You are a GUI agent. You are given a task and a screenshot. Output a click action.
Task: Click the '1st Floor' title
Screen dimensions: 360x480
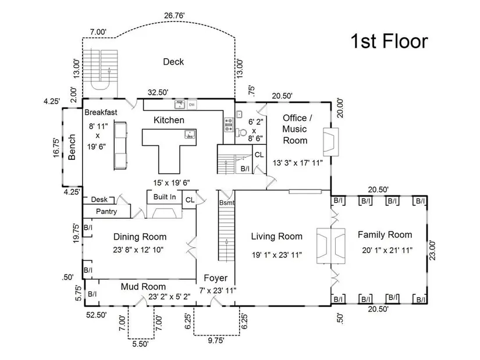coord(389,41)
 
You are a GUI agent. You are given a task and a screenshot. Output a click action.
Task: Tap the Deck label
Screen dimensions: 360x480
coord(173,62)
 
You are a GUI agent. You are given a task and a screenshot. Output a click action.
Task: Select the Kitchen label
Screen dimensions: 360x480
coord(169,120)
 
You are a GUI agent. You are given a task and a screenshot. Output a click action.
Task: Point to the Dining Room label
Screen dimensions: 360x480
coord(140,237)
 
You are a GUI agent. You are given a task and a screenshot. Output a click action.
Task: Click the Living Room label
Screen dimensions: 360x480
coord(276,236)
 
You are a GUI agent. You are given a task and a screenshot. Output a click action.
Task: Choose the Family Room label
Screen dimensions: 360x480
coord(385,235)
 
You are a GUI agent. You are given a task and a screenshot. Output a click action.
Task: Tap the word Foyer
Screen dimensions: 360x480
coord(215,278)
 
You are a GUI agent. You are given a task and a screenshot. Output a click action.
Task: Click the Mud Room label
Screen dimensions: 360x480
coord(143,287)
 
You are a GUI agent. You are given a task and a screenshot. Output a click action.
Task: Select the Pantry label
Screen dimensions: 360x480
coord(106,212)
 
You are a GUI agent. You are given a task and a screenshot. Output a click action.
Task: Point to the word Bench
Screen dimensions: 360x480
coord(72,147)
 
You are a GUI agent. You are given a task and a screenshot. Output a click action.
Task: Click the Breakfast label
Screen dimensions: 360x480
coord(101,112)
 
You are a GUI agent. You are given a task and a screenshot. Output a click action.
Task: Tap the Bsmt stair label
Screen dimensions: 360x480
coord(226,202)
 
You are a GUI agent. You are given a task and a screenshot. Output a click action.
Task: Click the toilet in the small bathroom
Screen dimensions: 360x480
coord(241,131)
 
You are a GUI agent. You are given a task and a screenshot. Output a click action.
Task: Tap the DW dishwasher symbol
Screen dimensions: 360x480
coord(191,105)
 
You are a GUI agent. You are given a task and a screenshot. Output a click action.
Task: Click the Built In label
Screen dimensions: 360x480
coord(165,197)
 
